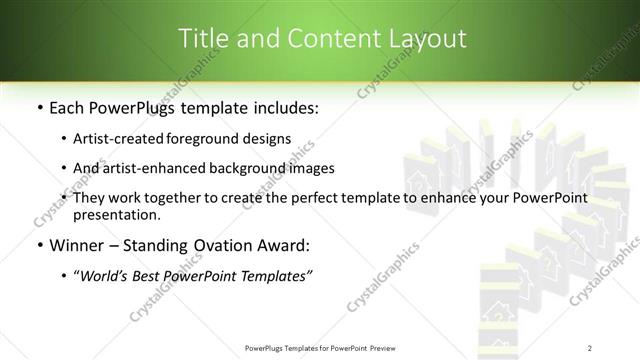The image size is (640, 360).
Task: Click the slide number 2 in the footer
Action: pyautogui.click(x=590, y=347)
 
